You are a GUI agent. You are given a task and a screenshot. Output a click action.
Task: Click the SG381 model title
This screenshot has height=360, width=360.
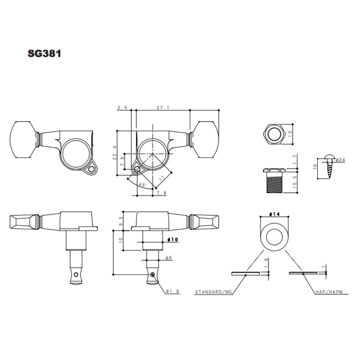44,54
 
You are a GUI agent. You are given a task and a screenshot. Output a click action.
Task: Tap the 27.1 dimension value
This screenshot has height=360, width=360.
163,107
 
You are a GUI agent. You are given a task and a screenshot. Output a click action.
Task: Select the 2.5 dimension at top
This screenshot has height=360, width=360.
122,107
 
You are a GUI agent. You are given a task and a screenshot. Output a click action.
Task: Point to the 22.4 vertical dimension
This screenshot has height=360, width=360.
115,153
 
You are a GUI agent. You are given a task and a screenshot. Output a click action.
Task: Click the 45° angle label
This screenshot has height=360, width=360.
142,185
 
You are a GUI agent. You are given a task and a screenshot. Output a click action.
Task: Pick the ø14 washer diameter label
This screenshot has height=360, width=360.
274,214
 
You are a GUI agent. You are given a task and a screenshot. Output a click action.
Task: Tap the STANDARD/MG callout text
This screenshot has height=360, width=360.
213,292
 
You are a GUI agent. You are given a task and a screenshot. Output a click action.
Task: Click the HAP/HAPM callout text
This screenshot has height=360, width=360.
329,292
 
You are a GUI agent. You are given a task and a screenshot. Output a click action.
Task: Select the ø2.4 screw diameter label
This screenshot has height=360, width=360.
340,160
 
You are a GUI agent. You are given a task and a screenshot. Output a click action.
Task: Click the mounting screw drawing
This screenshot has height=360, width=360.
329,167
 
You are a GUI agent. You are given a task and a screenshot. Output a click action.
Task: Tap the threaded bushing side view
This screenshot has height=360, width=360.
275,181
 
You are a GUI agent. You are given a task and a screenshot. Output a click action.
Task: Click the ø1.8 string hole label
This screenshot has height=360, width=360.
172,291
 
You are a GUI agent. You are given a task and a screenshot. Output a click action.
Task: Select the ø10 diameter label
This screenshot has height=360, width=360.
173,239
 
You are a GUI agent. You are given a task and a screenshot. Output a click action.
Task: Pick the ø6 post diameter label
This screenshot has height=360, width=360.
168,258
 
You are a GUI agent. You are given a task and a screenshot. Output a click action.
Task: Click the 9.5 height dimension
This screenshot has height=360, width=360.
121,221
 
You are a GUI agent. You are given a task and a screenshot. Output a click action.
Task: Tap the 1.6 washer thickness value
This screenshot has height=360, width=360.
266,263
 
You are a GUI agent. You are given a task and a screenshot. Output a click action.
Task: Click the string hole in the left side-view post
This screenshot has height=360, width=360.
76,274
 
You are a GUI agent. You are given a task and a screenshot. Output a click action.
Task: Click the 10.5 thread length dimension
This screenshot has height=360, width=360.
295,182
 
